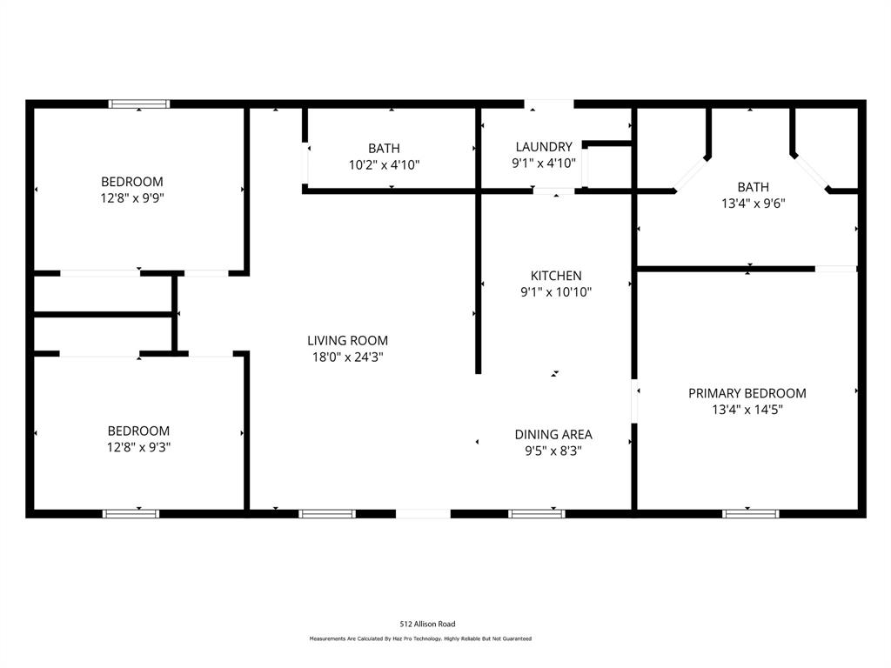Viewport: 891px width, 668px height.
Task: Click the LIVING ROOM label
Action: tap(347, 340)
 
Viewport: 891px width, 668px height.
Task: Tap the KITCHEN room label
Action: tap(556, 276)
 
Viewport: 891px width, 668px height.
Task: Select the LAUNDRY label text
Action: tap(544, 147)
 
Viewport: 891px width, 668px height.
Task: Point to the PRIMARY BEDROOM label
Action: tap(747, 393)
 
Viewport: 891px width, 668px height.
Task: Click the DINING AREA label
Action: tap(553, 434)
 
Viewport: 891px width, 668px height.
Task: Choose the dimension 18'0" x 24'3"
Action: tap(347, 357)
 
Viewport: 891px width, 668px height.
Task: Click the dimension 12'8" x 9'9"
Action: tap(132, 198)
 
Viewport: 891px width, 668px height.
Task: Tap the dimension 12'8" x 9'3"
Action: tap(138, 447)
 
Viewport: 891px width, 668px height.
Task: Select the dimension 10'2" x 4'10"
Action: tap(384, 164)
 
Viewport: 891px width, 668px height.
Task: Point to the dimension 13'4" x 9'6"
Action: tap(753, 204)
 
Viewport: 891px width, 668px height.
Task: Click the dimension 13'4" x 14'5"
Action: tap(747, 410)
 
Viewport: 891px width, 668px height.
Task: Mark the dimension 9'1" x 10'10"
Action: tap(556, 292)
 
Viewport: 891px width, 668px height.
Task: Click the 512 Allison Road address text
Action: tap(427, 624)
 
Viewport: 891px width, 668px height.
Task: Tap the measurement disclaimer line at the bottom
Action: tap(420, 638)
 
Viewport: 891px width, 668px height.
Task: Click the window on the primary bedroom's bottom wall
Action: tap(751, 513)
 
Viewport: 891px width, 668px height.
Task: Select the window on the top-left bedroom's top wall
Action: tap(139, 104)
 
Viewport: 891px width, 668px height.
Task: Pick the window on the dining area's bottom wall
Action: tap(537, 513)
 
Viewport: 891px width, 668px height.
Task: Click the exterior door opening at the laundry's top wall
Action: tap(549, 104)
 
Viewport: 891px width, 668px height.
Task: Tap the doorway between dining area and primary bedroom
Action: tap(635, 401)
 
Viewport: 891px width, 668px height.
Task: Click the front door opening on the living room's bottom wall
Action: tap(423, 513)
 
